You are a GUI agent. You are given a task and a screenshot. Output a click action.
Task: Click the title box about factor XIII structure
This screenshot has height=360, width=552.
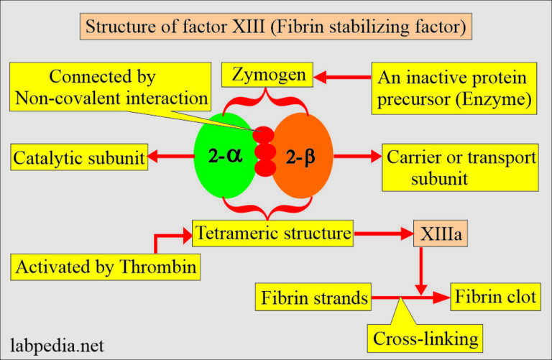click(x=275, y=28)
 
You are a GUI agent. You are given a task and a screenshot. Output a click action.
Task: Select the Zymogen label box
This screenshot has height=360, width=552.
click(x=267, y=74)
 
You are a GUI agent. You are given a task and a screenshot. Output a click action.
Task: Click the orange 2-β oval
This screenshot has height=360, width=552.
click(x=302, y=155)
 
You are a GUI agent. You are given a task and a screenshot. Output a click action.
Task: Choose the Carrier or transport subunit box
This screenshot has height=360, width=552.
click(x=461, y=167)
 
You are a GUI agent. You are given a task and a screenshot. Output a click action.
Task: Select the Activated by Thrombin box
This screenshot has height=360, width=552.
click(x=106, y=268)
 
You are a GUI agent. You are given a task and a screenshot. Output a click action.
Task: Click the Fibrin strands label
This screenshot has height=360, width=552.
click(x=313, y=296)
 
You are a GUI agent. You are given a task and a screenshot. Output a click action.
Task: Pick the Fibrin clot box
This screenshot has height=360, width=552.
click(x=495, y=296)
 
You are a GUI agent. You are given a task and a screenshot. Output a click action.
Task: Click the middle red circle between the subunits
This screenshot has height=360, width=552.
click(x=265, y=152)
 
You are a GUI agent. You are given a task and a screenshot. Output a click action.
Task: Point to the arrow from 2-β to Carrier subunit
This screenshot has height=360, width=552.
click(x=356, y=154)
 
